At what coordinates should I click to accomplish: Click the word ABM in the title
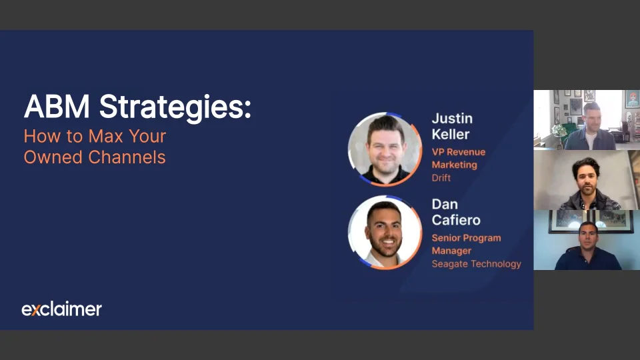[57, 107]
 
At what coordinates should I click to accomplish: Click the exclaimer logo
[61, 309]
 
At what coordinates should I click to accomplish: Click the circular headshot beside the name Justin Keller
[385, 149]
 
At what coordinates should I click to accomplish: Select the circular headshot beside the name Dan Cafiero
[385, 233]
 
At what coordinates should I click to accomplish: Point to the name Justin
[452, 119]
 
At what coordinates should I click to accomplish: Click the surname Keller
[451, 134]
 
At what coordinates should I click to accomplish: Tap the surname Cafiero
[456, 220]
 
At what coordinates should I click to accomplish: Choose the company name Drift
[441, 177]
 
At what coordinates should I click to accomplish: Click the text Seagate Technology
[476, 264]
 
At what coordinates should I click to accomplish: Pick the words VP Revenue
[459, 152]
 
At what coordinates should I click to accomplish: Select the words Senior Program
[466, 238]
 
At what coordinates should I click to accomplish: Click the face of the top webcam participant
[591, 118]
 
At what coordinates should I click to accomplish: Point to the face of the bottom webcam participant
[588, 236]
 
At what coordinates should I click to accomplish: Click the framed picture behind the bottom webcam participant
[591, 221]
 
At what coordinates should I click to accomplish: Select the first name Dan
[445, 204]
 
